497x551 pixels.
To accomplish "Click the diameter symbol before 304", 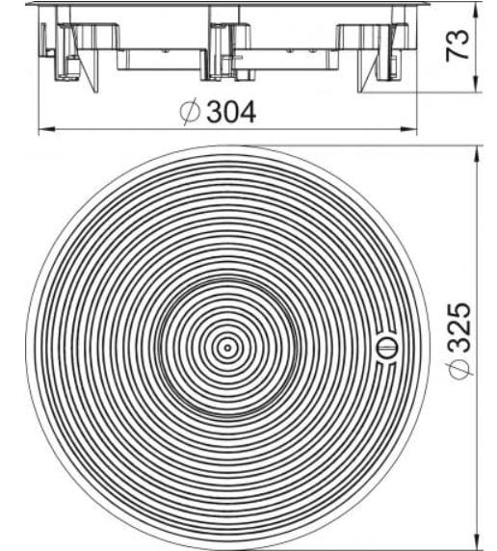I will (x=190, y=113).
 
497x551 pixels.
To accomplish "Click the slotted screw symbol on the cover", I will (x=385, y=348).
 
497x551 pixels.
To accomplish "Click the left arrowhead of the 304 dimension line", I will (x=41, y=129).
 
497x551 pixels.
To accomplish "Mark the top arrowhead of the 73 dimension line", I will (x=478, y=7).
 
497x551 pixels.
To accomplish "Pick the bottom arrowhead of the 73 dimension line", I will (x=478, y=89).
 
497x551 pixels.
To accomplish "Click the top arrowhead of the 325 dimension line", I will (x=478, y=150).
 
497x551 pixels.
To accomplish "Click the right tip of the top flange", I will (x=425, y=4).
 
